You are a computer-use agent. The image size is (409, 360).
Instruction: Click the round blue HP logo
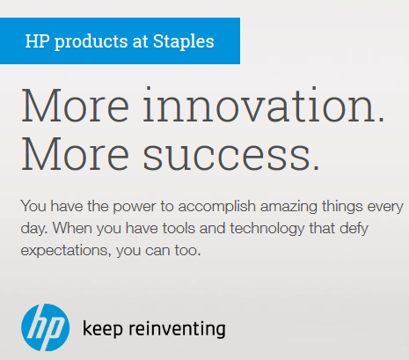click(46, 327)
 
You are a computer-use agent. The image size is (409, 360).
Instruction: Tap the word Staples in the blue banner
click(184, 41)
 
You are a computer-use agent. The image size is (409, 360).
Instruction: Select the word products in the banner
click(91, 41)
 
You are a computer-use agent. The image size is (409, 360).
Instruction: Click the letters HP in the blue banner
click(37, 40)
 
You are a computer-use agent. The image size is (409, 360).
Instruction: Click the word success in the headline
click(227, 156)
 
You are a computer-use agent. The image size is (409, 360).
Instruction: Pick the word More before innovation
click(76, 105)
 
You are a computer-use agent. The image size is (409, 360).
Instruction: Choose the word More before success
click(76, 153)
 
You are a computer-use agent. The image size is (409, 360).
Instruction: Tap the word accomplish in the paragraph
click(217, 207)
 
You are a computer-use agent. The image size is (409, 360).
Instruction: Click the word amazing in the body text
click(288, 207)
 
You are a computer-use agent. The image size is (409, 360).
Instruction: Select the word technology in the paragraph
click(267, 229)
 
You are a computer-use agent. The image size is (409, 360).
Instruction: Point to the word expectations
click(66, 251)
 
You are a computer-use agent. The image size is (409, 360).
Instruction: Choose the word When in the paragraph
click(72, 228)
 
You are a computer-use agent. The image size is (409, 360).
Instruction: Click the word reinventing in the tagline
click(178, 329)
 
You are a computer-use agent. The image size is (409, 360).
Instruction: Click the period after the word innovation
click(381, 119)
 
